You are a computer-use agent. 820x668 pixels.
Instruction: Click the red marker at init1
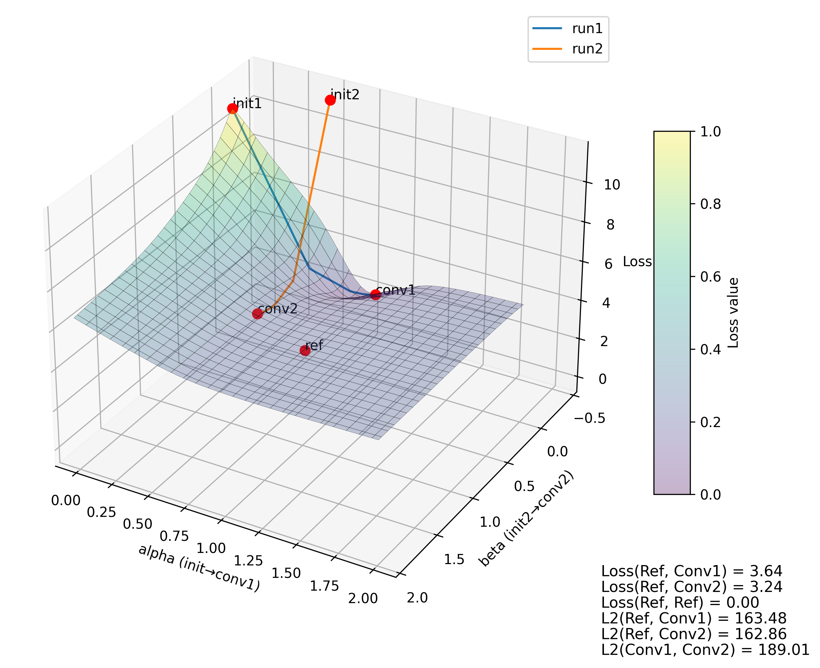point(232,108)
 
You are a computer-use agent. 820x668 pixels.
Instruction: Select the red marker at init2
point(330,100)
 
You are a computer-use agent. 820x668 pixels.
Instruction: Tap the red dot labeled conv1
point(375,295)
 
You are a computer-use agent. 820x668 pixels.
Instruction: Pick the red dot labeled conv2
point(257,314)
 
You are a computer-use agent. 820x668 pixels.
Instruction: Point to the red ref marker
point(305,350)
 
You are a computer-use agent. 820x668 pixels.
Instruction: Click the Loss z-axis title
point(637,262)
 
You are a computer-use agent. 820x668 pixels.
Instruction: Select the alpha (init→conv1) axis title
point(199,568)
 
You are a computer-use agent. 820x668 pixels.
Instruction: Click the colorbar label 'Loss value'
point(733,313)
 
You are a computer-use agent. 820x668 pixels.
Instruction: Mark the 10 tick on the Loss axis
point(611,185)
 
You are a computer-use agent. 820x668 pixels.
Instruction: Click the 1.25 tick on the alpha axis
point(248,560)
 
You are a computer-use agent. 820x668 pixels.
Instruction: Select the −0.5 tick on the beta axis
point(590,418)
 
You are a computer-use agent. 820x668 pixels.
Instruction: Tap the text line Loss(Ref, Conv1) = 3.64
point(691,571)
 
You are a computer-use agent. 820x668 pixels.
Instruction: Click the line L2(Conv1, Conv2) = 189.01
point(705,650)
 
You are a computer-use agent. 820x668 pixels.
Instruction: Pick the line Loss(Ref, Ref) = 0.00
point(680,602)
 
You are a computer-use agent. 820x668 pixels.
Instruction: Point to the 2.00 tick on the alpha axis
point(363,599)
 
